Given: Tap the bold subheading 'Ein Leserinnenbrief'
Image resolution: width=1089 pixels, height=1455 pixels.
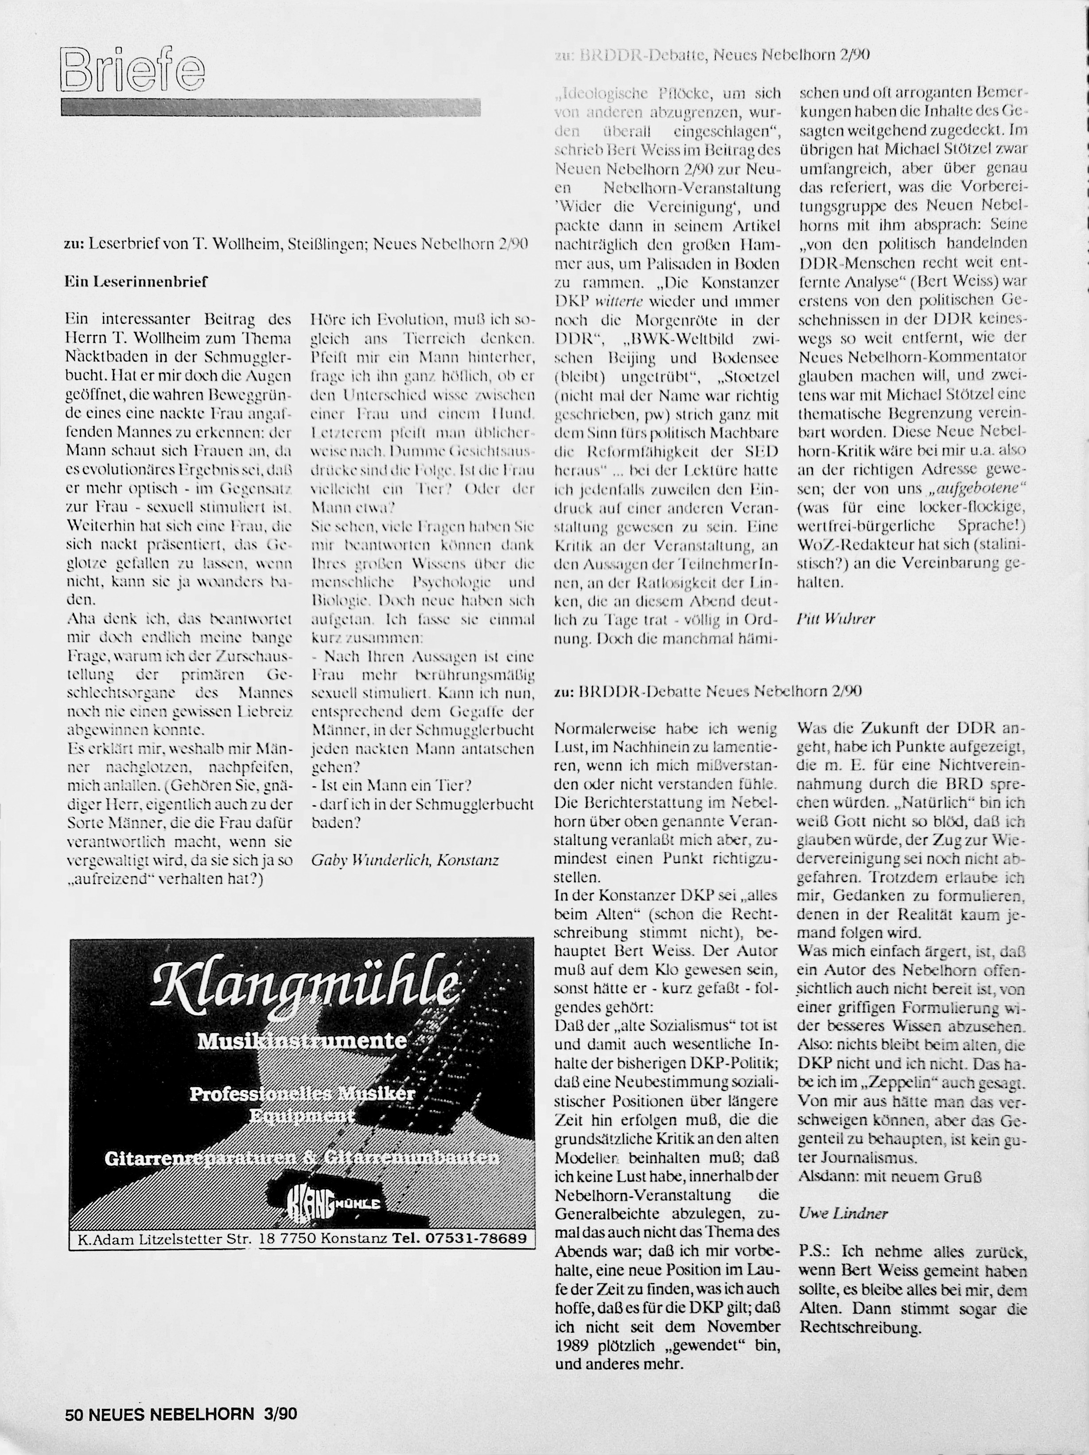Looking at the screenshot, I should point(136,282).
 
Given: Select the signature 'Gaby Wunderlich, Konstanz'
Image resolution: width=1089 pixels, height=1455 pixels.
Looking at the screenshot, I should point(404,860).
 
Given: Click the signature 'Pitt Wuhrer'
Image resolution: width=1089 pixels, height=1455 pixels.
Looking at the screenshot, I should point(836,618).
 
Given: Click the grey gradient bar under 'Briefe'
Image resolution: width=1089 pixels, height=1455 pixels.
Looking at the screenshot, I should point(270,107).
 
